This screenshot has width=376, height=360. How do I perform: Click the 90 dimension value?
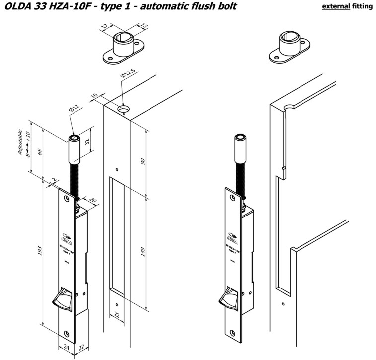point(142,161)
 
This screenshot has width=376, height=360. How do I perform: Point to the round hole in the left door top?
point(123,108)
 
